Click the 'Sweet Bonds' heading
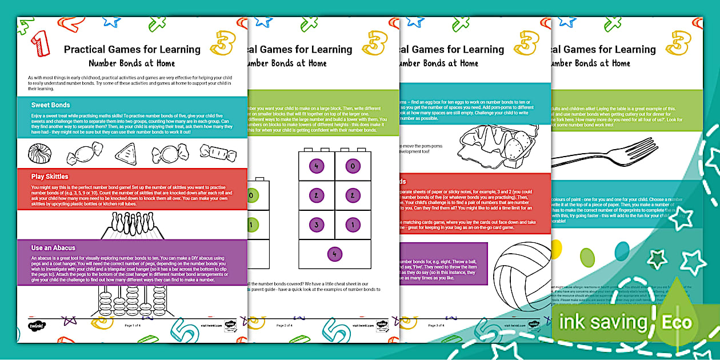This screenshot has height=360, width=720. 51,105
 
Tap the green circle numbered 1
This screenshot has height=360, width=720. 250,225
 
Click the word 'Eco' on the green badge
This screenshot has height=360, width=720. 677,322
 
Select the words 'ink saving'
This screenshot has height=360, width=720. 603,322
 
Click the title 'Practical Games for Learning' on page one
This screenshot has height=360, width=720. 132,50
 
